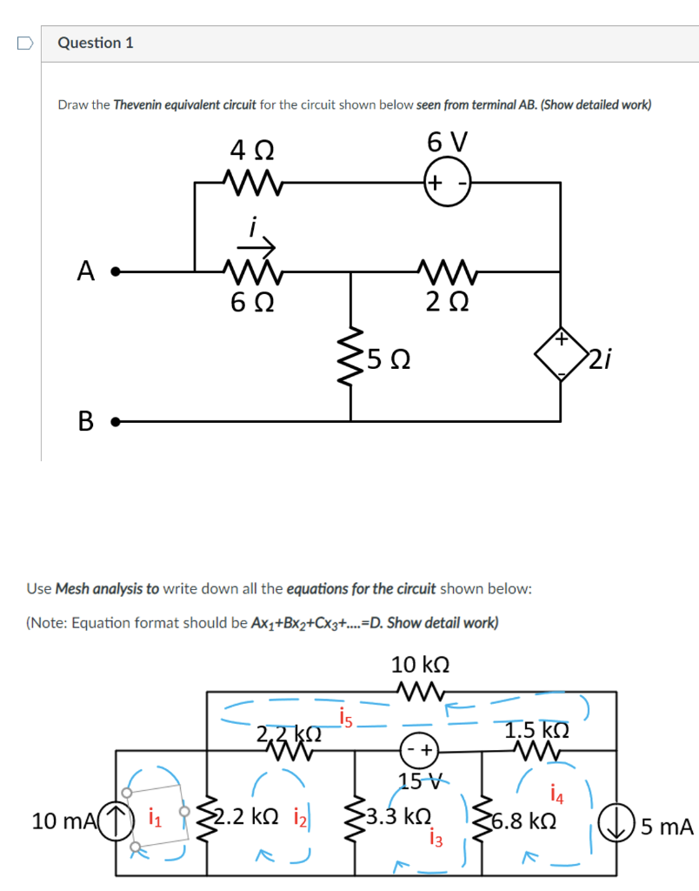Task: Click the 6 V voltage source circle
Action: [x=448, y=183]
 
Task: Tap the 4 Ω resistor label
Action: [x=252, y=151]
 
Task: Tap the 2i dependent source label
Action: [x=601, y=357]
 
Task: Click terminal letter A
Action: [x=85, y=271]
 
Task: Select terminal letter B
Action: [x=85, y=422]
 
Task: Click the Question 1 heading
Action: [x=96, y=43]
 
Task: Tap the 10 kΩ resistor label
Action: [x=420, y=666]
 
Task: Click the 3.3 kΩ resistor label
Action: [x=399, y=818]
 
